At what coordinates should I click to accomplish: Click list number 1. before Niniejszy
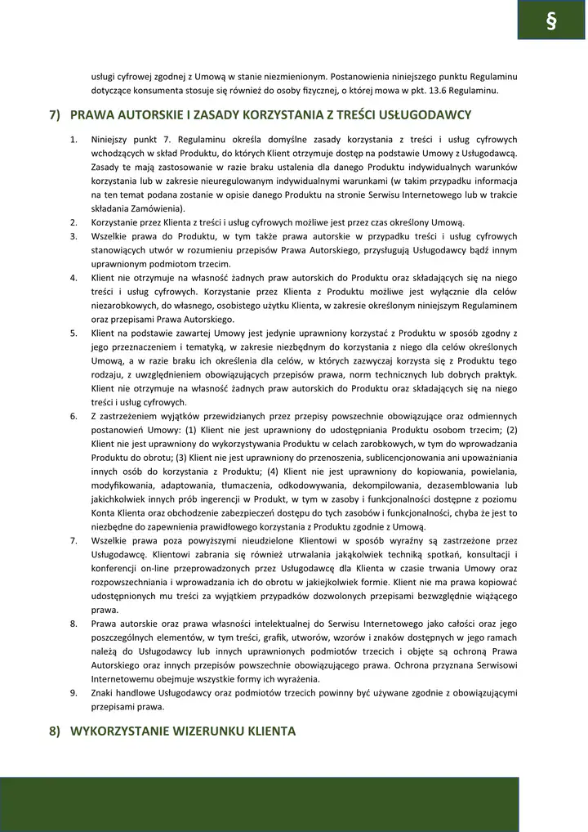tap(73, 140)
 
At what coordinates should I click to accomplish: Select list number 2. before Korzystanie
tap(73, 222)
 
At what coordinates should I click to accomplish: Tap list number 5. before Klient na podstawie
tap(73, 333)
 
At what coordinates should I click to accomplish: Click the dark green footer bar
tap(259, 804)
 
